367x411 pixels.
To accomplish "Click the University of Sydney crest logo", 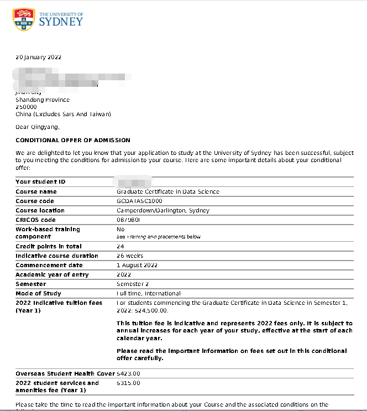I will coord(23,19).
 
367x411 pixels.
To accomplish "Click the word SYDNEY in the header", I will coord(61,22).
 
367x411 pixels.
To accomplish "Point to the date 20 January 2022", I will coord(38,57).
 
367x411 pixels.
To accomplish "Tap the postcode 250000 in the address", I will coord(26,107).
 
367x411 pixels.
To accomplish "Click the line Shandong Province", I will coord(43,100).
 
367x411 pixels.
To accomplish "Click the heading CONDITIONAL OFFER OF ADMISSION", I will coord(73,140).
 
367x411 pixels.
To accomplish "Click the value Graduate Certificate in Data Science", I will coord(168,191).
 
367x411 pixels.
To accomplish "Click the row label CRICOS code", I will coord(35,220).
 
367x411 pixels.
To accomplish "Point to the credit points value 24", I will coord(120,246).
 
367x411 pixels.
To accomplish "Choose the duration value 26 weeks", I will coord(130,256).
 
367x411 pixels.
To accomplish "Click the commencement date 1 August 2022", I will coord(137,265).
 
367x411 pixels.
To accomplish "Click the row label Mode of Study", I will coord(38,293).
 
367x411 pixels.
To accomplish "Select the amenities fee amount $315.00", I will coord(129,383).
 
